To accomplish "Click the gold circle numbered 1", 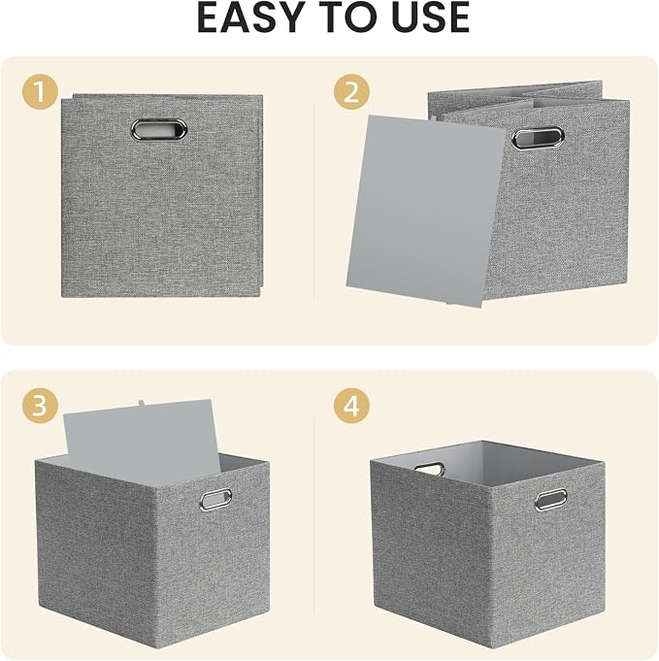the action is point(40,92).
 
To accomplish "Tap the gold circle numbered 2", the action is point(351,92).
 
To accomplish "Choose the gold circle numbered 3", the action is point(40,406).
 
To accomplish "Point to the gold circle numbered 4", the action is point(351,406).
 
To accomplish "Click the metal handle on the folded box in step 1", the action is point(159,128).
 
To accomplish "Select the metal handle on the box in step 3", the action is point(215,499).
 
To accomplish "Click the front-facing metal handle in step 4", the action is point(551,500).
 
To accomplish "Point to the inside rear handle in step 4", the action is point(429,469).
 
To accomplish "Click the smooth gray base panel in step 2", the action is point(426,212).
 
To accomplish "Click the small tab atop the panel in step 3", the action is point(142,404).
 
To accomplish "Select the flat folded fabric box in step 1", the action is point(162,195).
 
